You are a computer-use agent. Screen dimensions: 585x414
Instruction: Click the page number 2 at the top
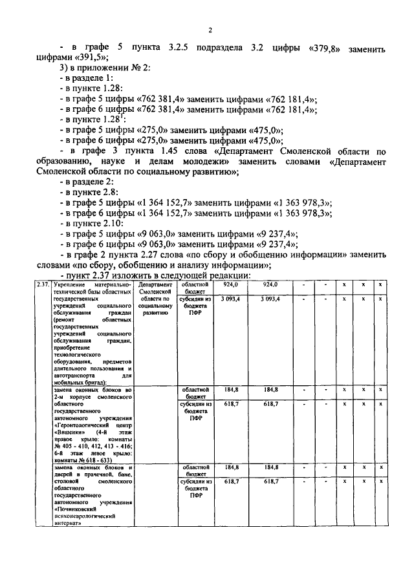(x=211, y=30)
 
